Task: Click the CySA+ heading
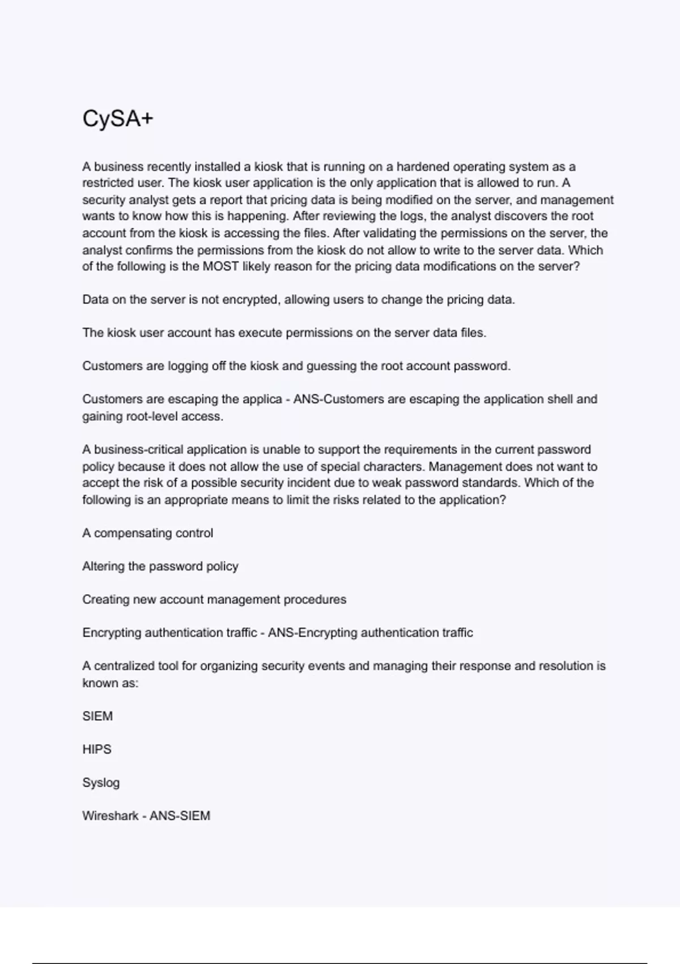tap(117, 119)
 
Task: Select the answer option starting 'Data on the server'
tap(298, 299)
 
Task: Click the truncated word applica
tap(260, 399)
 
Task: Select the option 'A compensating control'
tap(147, 533)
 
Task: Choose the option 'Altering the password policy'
tap(160, 566)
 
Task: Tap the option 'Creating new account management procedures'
tap(214, 599)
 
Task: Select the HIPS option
tap(97, 750)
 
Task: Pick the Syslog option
tap(101, 783)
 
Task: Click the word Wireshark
tap(110, 816)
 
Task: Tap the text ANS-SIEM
tap(180, 816)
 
